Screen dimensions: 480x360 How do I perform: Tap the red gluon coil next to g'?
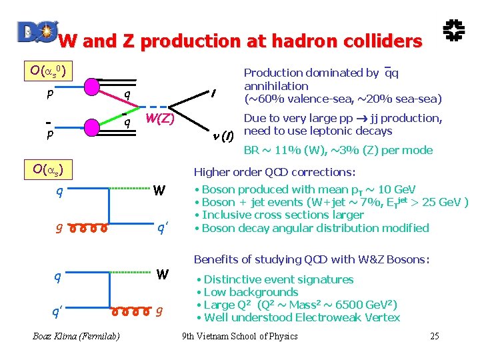[x=87, y=229]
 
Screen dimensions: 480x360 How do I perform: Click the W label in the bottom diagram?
[x=161, y=274]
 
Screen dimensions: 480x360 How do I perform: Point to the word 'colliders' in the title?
[x=371, y=41]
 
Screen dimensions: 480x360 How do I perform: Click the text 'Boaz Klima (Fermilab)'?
[x=76, y=336]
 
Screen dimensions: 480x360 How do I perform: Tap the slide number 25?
[x=435, y=336]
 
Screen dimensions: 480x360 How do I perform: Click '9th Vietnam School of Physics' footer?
[x=240, y=336]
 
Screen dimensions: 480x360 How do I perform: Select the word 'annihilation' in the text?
[x=276, y=86]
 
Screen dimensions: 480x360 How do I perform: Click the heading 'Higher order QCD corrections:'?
[x=275, y=172]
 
